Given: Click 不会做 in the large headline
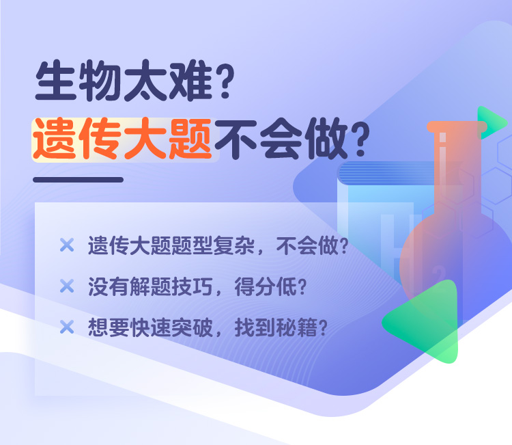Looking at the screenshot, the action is pyautogui.click(x=281, y=139).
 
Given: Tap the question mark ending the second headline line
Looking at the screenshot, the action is pyautogui.click(x=361, y=139).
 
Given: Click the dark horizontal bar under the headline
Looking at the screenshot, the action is pyautogui.click(x=78, y=180).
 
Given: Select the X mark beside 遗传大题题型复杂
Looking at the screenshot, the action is pyautogui.click(x=67, y=245).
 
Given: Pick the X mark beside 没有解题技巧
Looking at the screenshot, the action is pyautogui.click(x=67, y=286).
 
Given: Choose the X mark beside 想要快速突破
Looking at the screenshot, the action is pyautogui.click(x=67, y=327).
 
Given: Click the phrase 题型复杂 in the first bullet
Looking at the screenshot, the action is pyautogui.click(x=213, y=245).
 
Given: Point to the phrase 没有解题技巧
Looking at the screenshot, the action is pyautogui.click(x=151, y=286).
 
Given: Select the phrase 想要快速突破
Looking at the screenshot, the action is pyautogui.click(x=151, y=327).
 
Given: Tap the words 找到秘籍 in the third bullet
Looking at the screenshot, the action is pyautogui.click(x=276, y=327).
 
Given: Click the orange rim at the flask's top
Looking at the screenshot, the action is pyautogui.click(x=457, y=127).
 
